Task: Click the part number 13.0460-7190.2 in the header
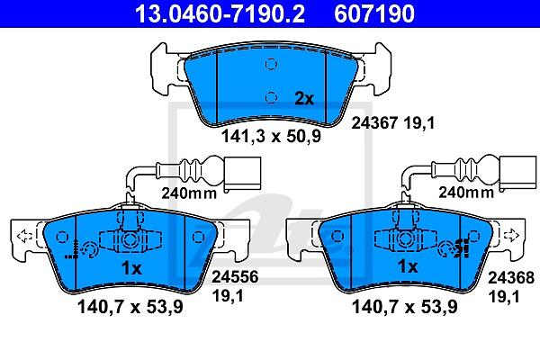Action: tap(220, 13)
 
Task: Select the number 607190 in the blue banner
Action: tap(374, 13)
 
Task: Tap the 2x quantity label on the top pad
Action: tap(304, 99)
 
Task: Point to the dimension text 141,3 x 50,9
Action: tap(271, 136)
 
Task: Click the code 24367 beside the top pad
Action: tap(374, 123)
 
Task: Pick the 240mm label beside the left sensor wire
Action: tap(189, 193)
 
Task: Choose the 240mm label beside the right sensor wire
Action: tap(466, 192)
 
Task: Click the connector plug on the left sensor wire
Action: tap(242, 174)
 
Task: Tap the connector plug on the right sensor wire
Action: tap(517, 173)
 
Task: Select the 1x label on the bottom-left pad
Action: tap(131, 268)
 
